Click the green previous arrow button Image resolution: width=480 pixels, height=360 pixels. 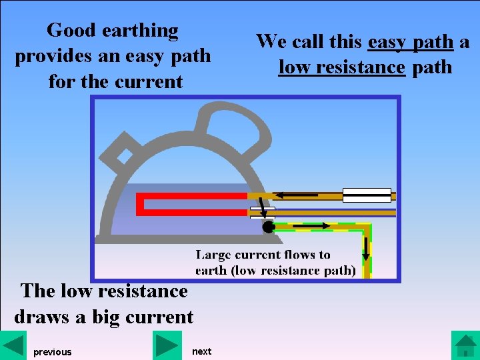tap(13, 345)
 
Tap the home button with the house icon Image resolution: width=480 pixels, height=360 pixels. tap(465, 345)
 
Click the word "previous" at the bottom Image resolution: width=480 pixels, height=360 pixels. tap(52, 352)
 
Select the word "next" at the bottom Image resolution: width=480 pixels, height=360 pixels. tap(201, 351)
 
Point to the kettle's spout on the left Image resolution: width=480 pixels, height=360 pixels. tap(123, 153)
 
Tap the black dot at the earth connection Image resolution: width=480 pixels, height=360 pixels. tap(268, 227)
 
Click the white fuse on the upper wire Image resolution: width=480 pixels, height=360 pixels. tap(367, 195)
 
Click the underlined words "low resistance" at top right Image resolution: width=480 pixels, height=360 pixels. tap(342, 67)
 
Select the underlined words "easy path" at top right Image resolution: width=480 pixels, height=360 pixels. tap(411, 42)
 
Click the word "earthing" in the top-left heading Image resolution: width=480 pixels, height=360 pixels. tap(140, 31)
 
